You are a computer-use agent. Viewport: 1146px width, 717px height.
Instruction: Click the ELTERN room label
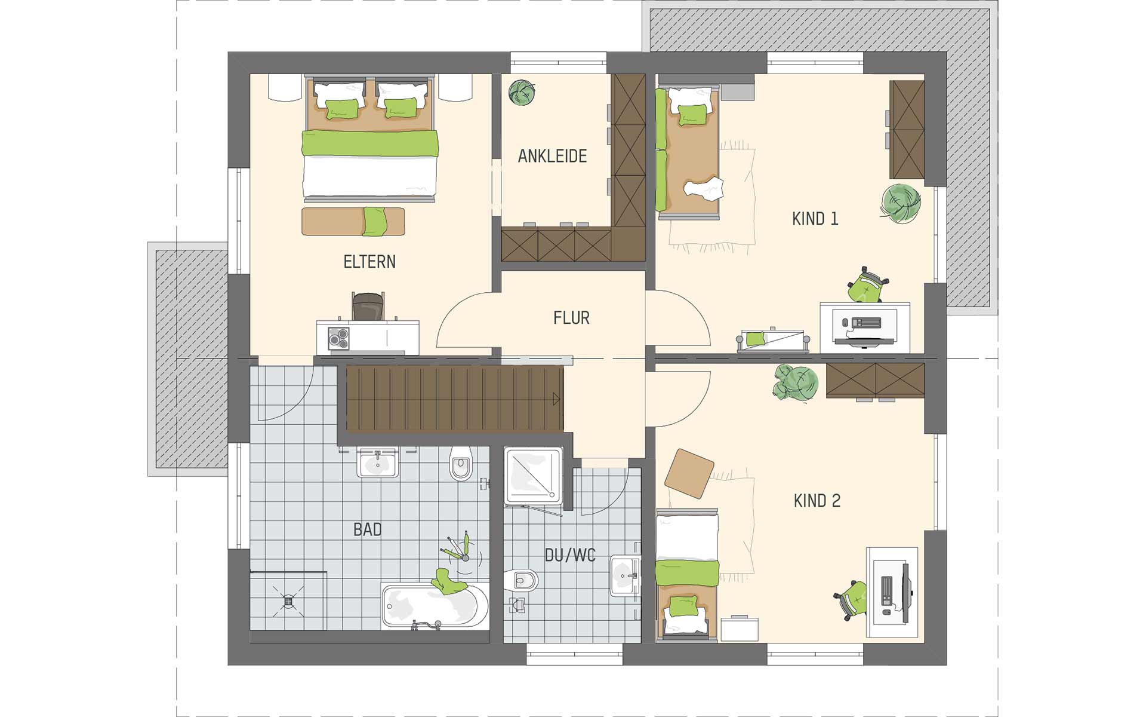(x=369, y=262)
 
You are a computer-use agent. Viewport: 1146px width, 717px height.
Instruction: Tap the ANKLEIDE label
(x=552, y=157)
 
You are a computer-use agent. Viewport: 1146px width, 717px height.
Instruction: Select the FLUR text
(x=571, y=318)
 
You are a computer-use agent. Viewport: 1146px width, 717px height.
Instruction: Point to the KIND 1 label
(x=815, y=219)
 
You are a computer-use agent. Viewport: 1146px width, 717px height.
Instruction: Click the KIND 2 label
(x=817, y=501)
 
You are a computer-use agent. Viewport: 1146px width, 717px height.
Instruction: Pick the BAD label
(x=367, y=529)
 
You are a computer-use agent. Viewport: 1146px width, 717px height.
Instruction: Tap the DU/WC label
(x=570, y=556)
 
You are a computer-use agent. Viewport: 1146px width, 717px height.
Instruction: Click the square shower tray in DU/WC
(x=533, y=476)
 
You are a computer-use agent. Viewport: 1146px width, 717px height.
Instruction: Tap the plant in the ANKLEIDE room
(x=521, y=92)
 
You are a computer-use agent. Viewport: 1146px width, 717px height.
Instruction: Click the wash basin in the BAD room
(x=377, y=463)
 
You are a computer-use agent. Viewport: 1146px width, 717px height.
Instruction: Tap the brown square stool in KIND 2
(x=689, y=473)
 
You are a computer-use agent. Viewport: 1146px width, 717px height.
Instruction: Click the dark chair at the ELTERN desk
(x=368, y=307)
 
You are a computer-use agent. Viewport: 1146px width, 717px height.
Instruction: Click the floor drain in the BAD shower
(x=288, y=600)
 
